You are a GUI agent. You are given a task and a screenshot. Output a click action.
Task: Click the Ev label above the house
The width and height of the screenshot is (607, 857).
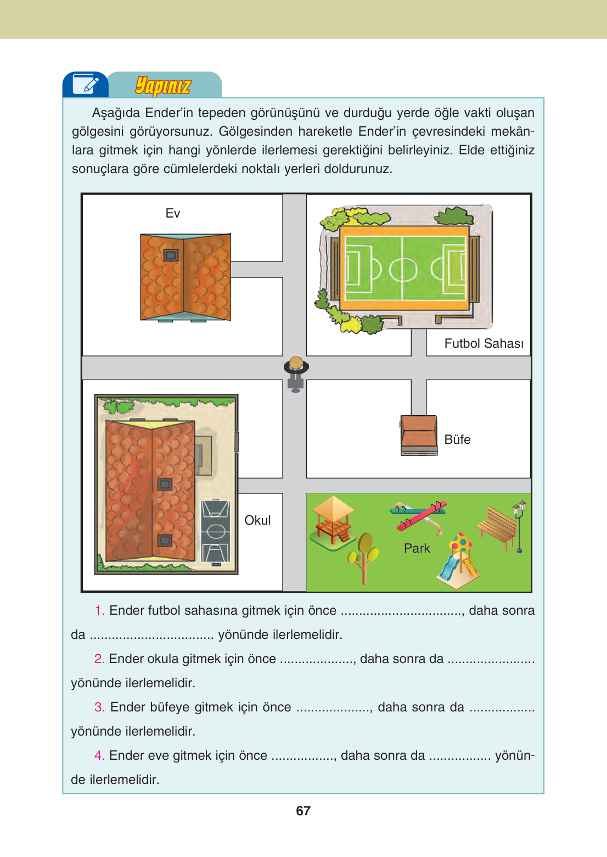click(173, 213)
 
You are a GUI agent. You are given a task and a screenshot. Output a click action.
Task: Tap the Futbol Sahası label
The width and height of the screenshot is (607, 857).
click(484, 343)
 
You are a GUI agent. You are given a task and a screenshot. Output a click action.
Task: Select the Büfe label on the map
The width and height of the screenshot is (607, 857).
click(457, 439)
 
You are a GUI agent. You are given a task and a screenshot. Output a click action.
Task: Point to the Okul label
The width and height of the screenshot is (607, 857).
click(257, 520)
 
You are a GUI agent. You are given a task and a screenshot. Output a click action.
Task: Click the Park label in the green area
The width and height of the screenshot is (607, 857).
click(417, 548)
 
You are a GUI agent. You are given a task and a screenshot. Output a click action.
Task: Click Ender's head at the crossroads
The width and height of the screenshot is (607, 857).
click(296, 363)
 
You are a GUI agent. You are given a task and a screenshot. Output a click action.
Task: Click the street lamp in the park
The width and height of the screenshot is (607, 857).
click(519, 525)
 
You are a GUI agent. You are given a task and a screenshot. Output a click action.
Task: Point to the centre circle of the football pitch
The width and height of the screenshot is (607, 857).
click(403, 269)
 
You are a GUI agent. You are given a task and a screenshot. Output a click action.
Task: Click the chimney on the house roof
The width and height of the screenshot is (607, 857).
click(171, 255)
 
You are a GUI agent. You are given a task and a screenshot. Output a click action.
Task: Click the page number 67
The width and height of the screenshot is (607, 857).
click(303, 811)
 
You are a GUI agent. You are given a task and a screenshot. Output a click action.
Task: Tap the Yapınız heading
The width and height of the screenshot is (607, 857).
click(163, 86)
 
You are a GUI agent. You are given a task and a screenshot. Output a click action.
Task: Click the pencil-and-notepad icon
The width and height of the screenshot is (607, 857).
click(85, 85)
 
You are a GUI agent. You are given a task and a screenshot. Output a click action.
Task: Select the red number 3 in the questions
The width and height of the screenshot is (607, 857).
click(99, 707)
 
